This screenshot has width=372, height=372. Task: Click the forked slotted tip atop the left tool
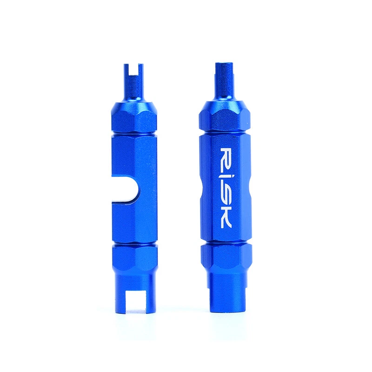point(133,73)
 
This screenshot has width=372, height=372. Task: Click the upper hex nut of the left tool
point(134,118)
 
